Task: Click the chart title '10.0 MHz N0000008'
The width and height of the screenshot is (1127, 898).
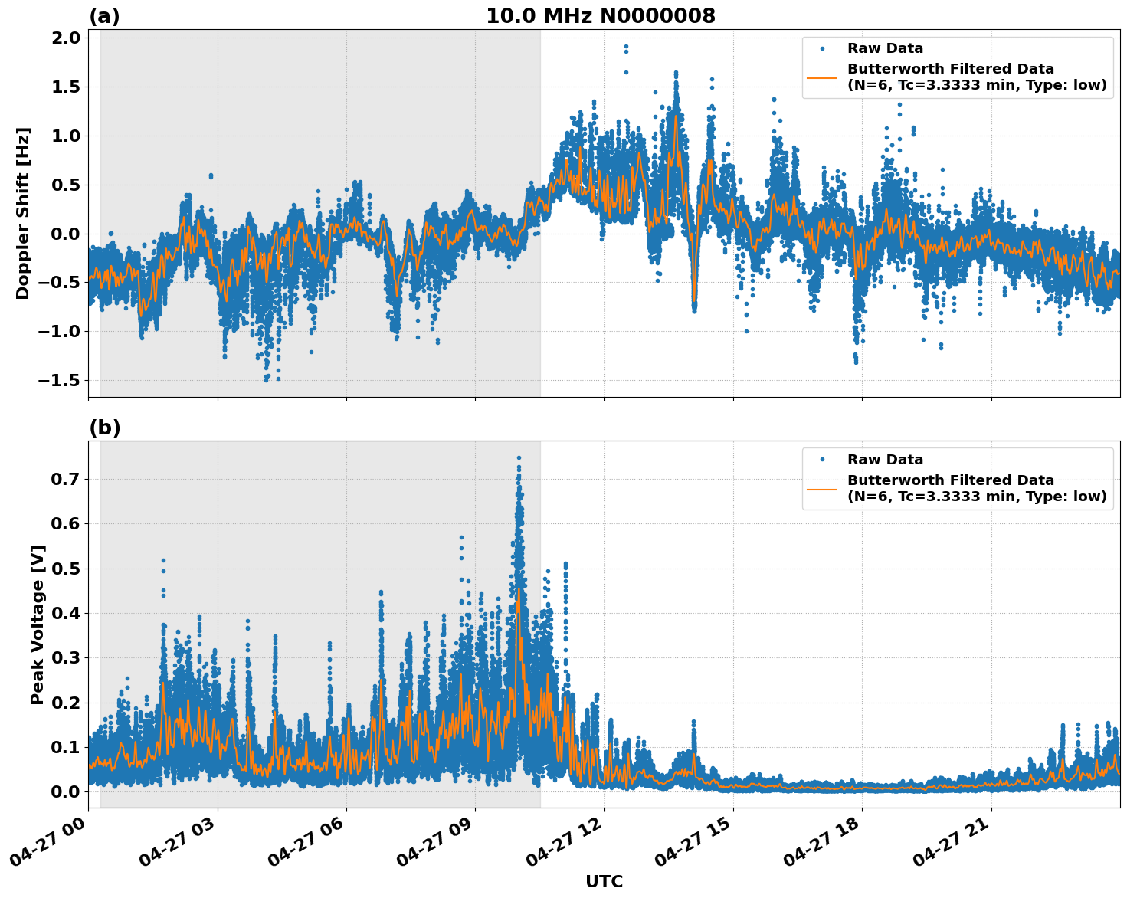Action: pos(600,16)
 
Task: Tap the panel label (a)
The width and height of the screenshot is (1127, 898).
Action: pos(104,16)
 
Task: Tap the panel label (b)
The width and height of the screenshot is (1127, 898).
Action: pos(104,428)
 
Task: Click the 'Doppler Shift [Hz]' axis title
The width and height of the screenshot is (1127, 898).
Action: pos(23,213)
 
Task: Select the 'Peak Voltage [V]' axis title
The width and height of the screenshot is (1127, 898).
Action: pos(38,624)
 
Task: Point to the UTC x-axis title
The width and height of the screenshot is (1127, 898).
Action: pos(604,881)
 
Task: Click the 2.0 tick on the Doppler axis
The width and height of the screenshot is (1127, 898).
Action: pos(64,38)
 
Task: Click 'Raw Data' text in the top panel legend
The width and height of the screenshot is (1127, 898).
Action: pos(885,48)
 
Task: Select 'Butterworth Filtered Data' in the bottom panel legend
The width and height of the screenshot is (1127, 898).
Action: pos(950,480)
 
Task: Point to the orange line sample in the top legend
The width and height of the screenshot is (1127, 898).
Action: pos(822,77)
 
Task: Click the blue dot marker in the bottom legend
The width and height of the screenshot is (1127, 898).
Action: pos(822,460)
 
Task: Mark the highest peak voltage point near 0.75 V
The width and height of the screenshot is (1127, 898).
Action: pos(519,457)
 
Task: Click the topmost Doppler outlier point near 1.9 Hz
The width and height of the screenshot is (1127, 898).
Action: pos(626,47)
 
